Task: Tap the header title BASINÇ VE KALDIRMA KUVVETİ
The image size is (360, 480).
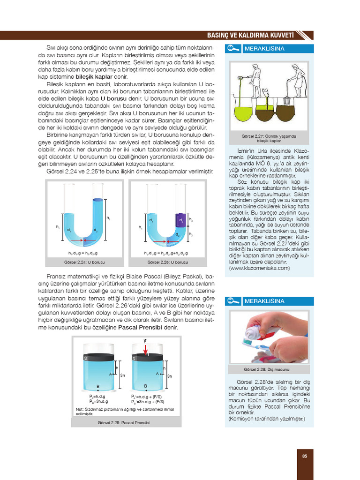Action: pos(250,35)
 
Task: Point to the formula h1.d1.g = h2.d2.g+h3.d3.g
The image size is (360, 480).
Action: pos(166,253)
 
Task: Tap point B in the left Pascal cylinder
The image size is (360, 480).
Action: pos(98,386)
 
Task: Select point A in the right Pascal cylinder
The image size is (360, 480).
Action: pos(157,374)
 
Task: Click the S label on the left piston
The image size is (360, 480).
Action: pos(86,358)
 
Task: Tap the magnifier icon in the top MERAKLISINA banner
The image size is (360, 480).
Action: pos(232,49)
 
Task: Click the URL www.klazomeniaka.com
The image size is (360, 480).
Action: pos(259,268)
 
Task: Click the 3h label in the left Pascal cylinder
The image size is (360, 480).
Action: pos(123,375)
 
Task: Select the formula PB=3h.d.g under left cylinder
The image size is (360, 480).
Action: pos(99,402)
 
